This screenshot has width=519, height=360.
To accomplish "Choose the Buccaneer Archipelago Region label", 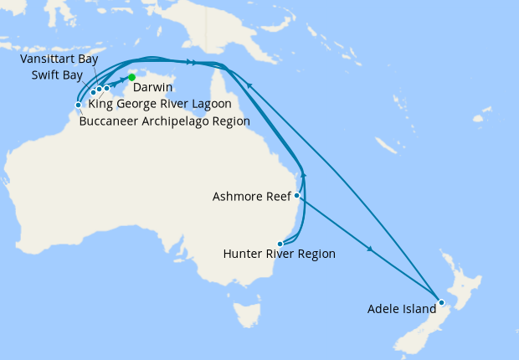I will coord(164,121).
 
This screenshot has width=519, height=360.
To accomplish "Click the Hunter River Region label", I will coord(280,255).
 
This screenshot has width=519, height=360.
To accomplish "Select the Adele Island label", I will coord(402,309).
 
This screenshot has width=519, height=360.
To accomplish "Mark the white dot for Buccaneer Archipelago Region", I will coord(78,105).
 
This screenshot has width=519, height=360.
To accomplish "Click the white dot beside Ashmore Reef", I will coord(297,195).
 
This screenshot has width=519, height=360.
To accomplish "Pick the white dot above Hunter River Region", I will coord(280,244).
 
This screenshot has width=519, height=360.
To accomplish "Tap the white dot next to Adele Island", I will coord(441,301).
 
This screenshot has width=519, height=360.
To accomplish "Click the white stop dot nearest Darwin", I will coord(106,88).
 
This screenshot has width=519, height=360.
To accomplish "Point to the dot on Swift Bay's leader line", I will coord(93,92).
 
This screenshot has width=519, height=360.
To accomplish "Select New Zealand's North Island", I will coord(452,280).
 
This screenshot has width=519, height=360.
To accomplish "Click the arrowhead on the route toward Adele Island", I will coord(369,249).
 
